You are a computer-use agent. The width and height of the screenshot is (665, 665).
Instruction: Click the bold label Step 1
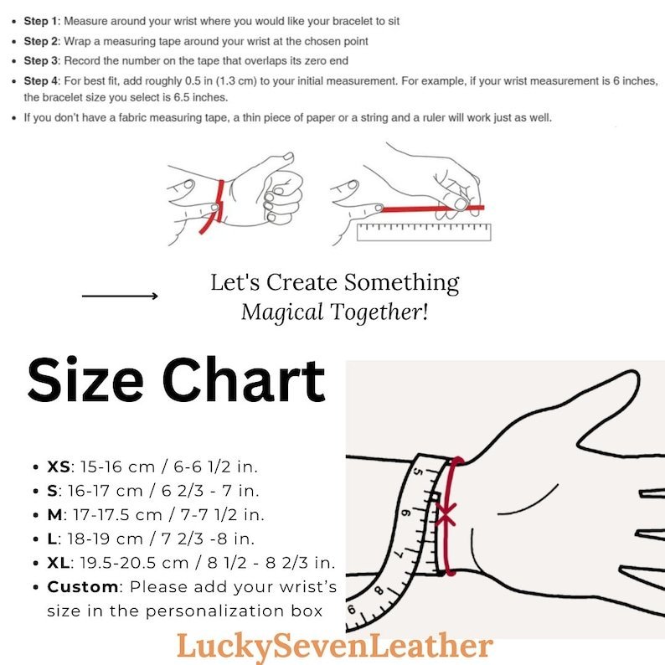pos(41,21)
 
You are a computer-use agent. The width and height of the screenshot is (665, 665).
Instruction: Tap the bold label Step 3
pos(41,61)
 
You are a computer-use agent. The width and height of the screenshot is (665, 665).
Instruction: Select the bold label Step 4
pos(41,81)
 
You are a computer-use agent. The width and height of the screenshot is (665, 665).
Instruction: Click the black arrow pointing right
pos(120,296)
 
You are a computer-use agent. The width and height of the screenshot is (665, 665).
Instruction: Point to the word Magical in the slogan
pos(282,313)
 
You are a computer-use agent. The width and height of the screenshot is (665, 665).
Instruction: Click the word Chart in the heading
pos(244,379)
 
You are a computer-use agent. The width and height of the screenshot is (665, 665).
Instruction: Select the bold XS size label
pos(59,467)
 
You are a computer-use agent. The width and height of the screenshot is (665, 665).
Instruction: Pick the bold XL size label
pos(59,563)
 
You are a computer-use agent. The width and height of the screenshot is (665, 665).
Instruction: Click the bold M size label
pos(54,515)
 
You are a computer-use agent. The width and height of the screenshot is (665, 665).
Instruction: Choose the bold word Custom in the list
pos(83,587)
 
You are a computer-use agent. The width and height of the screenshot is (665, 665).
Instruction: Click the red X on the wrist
pos(446,514)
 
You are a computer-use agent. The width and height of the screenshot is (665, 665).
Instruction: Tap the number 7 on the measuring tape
pos(400,554)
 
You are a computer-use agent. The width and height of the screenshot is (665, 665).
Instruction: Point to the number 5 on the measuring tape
pos(417,472)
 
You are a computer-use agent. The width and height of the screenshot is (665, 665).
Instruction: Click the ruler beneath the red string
pos(424,232)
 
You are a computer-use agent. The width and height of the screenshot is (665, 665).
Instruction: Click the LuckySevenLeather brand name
pos(335,647)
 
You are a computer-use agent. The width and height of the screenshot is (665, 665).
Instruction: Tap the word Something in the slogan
pos(401,283)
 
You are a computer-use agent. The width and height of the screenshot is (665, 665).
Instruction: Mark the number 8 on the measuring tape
pos(379,590)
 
